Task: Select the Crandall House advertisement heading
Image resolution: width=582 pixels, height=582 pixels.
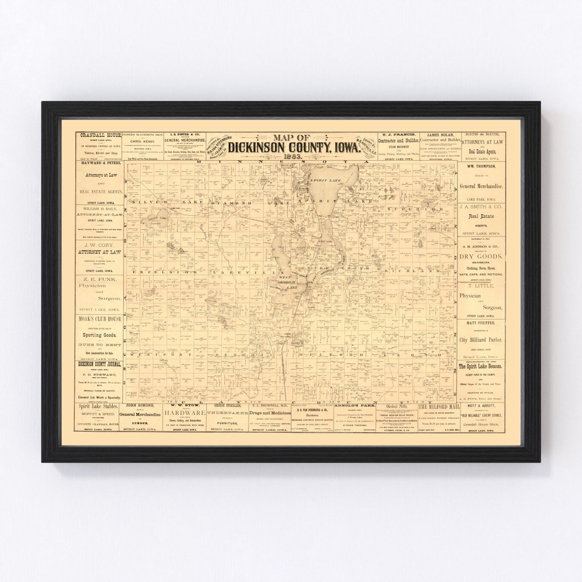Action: (100, 136)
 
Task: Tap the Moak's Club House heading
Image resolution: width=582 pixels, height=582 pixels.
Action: (100, 319)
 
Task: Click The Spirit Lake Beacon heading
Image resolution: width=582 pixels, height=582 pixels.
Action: (480, 366)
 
